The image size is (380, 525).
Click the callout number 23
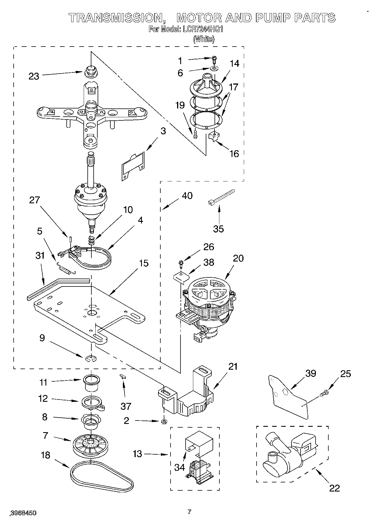pos(34,76)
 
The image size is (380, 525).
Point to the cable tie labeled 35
pos(221,196)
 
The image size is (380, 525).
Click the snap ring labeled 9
pos(91,359)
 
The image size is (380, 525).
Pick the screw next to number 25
pos(324,393)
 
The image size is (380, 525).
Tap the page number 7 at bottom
pos(190,512)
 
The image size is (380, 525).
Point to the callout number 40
pos(187,196)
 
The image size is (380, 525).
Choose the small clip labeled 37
pos(123,377)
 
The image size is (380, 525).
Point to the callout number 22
pos(334,488)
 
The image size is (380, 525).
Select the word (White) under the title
pos(204,39)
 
